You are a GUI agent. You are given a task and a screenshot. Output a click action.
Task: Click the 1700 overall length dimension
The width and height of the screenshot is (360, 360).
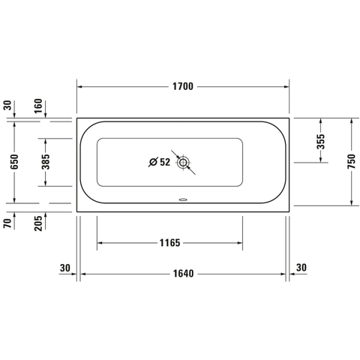183,86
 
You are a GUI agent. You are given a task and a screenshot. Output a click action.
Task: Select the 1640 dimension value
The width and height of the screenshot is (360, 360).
184,274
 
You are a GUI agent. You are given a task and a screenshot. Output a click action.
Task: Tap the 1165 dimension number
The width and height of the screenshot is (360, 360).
170,243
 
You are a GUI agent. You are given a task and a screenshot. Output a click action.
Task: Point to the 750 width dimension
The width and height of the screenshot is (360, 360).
351,161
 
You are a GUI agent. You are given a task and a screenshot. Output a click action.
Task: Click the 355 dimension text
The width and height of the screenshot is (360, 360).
321,142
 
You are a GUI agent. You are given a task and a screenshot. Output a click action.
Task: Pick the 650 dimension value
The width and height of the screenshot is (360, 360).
14,162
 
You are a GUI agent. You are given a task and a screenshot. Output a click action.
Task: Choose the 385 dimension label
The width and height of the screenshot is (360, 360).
46,162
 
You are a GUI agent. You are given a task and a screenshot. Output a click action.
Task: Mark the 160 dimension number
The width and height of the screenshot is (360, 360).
38,106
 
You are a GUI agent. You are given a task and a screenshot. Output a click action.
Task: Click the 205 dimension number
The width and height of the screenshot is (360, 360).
38,223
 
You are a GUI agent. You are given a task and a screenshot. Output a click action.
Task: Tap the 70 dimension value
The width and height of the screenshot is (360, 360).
7,223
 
